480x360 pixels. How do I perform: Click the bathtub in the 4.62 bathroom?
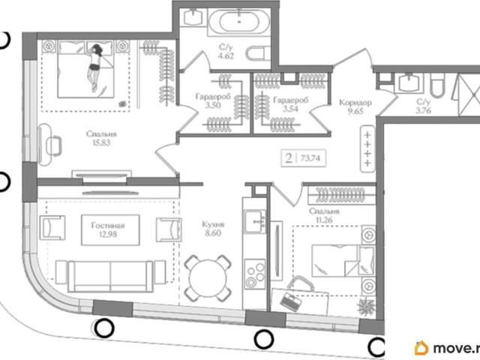pos(239,22)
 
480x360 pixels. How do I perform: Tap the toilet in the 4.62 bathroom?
pos(258,53)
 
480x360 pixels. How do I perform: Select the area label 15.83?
pos(101,142)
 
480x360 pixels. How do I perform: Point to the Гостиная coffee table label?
pos(108,226)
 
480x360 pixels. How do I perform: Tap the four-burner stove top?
pos(255,274)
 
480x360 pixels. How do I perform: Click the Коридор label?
pos(355,103)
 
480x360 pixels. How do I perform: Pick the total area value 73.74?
pos(310,158)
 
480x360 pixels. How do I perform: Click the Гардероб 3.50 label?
pos(213,101)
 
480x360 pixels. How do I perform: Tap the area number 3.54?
pos(289,108)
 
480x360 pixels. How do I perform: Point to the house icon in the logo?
pos(421,348)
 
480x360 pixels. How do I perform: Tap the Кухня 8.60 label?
pos(213,229)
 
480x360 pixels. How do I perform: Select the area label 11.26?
pos(325,220)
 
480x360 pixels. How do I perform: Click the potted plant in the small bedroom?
pos(366,307)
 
